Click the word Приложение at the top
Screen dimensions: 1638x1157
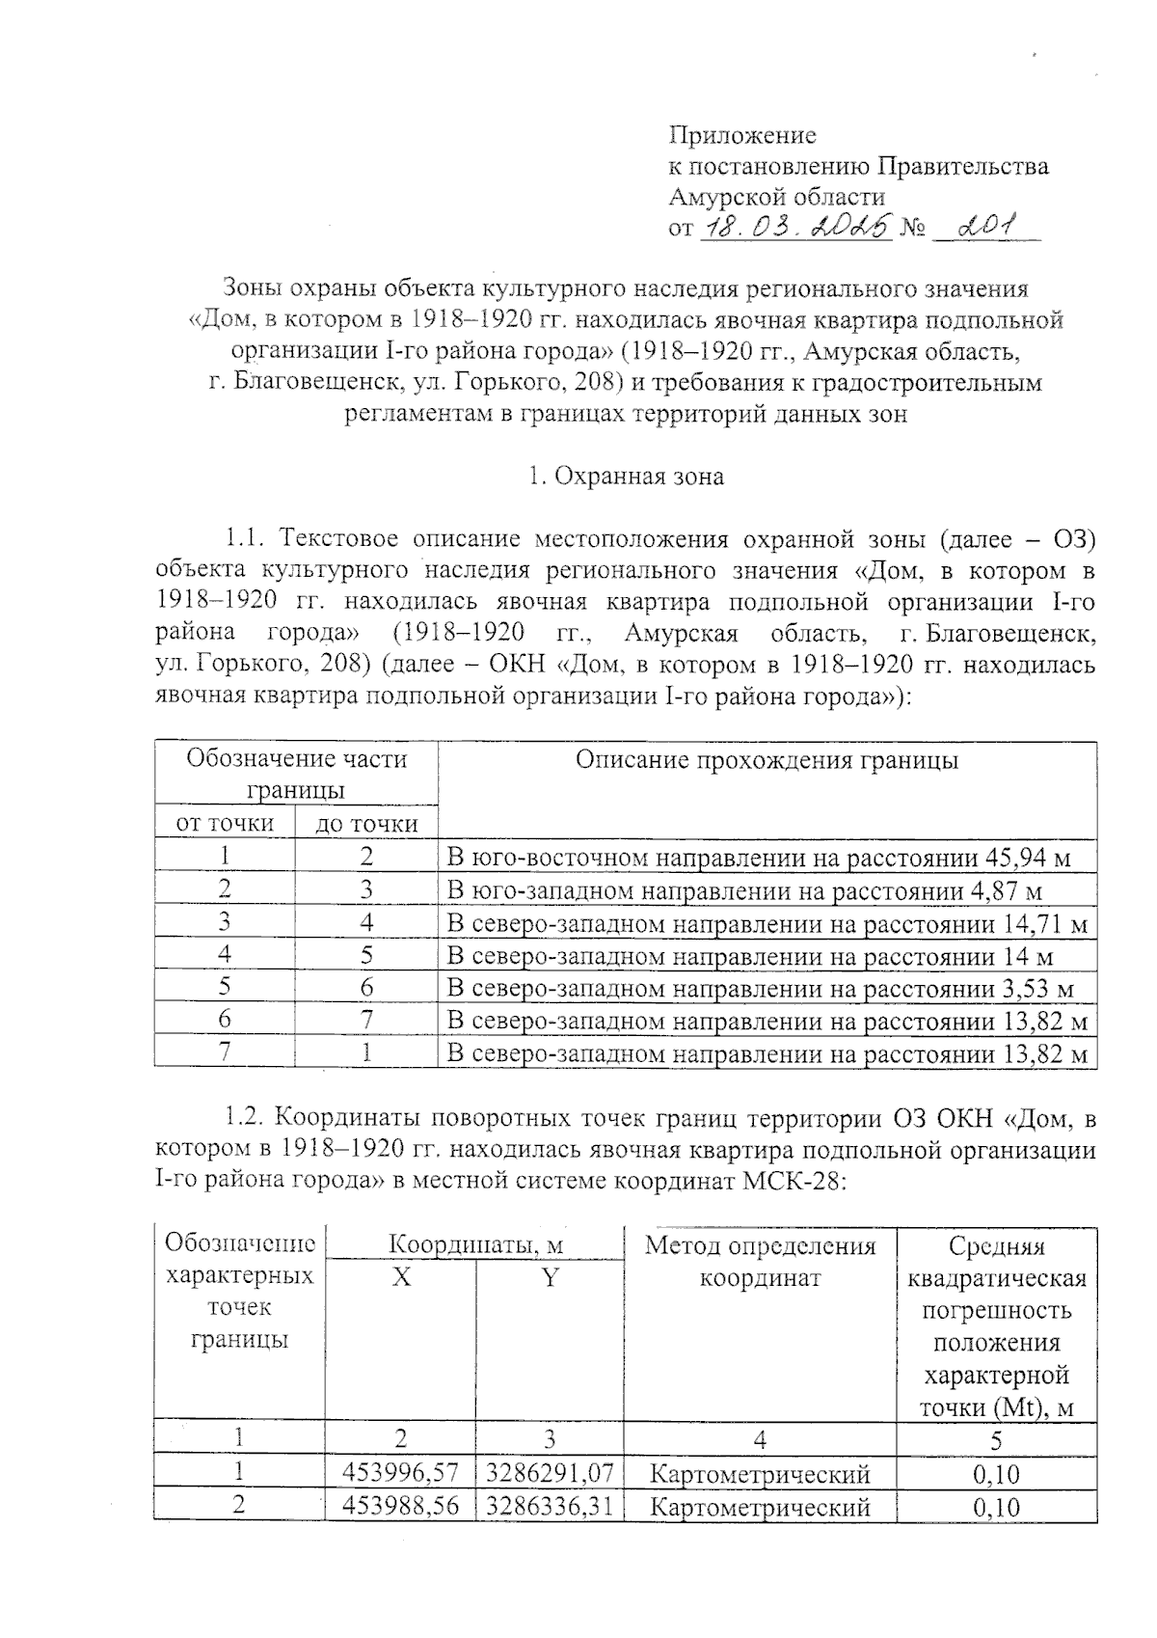click(x=742, y=135)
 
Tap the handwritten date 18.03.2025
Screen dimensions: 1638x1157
click(x=794, y=229)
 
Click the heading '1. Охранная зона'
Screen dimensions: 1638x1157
click(x=626, y=477)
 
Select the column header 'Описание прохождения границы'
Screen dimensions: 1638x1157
click(x=767, y=760)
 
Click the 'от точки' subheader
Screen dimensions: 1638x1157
click(x=224, y=824)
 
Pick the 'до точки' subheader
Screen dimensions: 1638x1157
click(x=366, y=824)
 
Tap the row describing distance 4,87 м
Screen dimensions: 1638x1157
click(x=744, y=890)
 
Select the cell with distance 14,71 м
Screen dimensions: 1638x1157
click(x=767, y=924)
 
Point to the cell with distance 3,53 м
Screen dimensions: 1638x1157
click(x=760, y=989)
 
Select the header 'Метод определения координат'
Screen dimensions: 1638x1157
click(x=760, y=1262)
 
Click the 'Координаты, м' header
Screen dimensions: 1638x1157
click(x=475, y=1245)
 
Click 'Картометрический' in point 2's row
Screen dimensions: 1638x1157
click(x=760, y=1507)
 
